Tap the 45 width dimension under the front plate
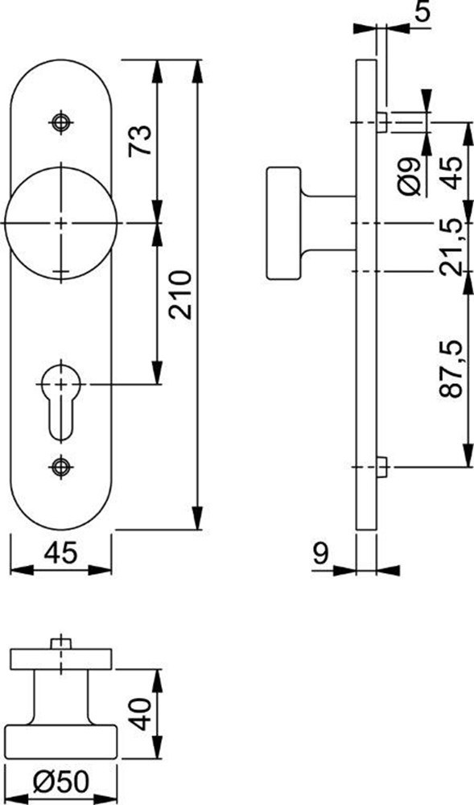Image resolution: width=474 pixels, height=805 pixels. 60,553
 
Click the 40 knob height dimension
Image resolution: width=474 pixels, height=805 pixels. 142,714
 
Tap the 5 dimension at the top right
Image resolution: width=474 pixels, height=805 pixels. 423,12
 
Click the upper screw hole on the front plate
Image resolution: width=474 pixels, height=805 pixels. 60,122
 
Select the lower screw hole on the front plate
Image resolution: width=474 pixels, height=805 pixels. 60,464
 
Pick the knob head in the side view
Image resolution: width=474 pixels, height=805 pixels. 282,222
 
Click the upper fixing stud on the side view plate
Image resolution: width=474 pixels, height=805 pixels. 381,122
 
